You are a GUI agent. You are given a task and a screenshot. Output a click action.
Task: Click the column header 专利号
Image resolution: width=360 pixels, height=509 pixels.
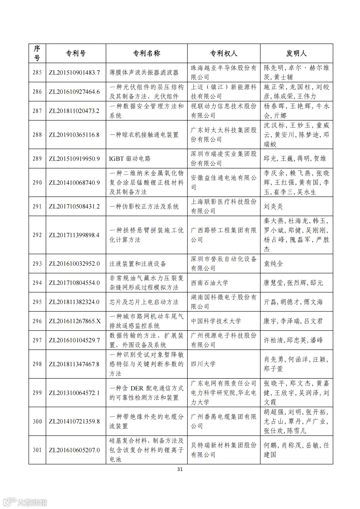click(x=76, y=53)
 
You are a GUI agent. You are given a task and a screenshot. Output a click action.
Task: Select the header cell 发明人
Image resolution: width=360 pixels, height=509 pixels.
click(x=296, y=53)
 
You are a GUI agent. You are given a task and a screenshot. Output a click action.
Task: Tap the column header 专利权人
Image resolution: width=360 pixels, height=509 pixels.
click(x=224, y=53)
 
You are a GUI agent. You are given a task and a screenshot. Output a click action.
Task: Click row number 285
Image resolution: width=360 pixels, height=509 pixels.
click(x=37, y=72)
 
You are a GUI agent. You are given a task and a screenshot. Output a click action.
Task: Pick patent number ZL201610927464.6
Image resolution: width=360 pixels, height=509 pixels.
click(x=74, y=91)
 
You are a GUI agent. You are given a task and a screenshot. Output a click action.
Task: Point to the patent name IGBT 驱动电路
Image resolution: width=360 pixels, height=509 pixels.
click(x=130, y=158)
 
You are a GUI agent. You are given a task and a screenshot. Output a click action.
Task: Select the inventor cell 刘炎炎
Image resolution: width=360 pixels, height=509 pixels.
click(x=273, y=206)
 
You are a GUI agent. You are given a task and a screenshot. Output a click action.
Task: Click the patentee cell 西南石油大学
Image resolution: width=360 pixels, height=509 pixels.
click(x=210, y=283)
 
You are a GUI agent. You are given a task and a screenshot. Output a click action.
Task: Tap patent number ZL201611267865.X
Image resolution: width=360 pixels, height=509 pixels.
click(x=75, y=321)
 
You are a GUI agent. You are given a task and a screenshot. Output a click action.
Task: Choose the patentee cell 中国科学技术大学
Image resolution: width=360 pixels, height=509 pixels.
click(x=216, y=321)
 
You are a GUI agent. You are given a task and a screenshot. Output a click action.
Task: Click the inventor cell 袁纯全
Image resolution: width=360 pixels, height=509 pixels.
click(x=273, y=263)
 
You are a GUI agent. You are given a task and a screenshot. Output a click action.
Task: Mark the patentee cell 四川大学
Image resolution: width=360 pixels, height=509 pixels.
click(x=203, y=364)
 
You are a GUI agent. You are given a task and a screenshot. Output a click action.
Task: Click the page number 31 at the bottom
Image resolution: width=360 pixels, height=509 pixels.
click(x=180, y=469)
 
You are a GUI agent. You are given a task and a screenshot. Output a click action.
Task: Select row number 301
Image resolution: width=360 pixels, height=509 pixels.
click(x=37, y=450)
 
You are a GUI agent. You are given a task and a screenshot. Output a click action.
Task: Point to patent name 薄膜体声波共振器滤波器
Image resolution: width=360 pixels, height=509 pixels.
click(x=144, y=72)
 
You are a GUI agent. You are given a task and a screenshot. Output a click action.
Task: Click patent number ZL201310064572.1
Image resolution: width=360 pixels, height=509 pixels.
click(x=74, y=393)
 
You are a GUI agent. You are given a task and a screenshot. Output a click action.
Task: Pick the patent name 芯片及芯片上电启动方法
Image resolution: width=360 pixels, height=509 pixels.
click(x=144, y=302)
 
